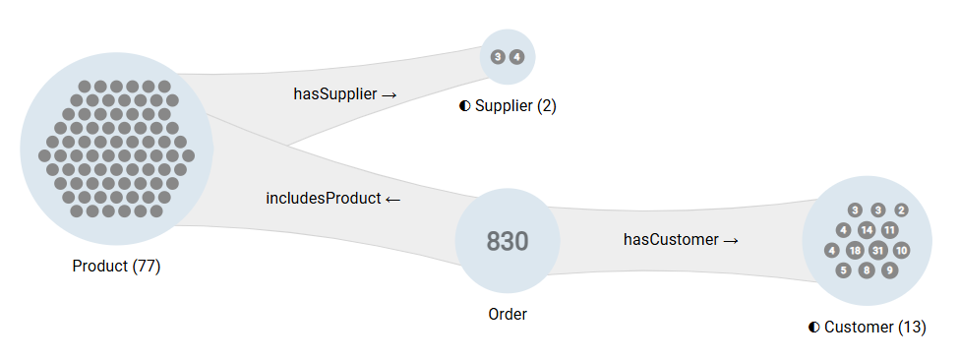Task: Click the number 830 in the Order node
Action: [x=508, y=241]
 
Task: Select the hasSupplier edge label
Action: [x=344, y=94]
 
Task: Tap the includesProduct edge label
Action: [x=333, y=199]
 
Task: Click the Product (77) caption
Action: [x=116, y=267]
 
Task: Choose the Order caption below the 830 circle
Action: [x=508, y=315]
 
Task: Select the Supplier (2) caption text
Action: [x=515, y=106]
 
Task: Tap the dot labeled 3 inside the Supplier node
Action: [x=498, y=57]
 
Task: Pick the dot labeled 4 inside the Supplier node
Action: [x=517, y=57]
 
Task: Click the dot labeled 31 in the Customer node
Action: [x=878, y=250]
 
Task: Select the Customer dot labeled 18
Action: [x=855, y=250]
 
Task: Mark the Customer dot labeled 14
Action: [x=867, y=230]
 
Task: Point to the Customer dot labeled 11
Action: [x=889, y=230]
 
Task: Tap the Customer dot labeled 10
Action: [x=901, y=250]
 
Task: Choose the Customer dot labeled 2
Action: [x=901, y=210]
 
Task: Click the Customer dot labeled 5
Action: [x=843, y=270]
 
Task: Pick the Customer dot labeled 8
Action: [x=867, y=270]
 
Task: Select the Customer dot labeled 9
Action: [x=889, y=270]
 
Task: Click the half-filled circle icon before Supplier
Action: [x=464, y=106]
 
